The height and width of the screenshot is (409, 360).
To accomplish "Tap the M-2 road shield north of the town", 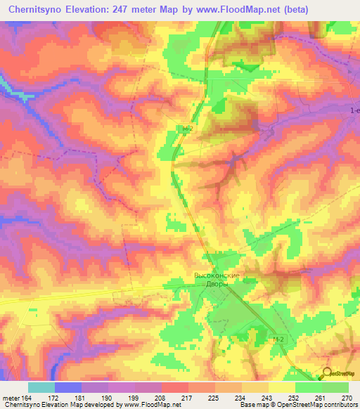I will [187, 129].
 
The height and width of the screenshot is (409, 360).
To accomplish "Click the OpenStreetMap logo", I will [339, 373].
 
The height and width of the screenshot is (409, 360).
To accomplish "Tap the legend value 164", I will [27, 397].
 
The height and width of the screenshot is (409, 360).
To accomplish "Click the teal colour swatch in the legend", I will [41, 387].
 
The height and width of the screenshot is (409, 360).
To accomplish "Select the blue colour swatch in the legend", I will [67, 387].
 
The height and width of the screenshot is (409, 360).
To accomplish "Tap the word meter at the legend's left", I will [10, 397].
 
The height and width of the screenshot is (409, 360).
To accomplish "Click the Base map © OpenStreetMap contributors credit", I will [297, 405].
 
